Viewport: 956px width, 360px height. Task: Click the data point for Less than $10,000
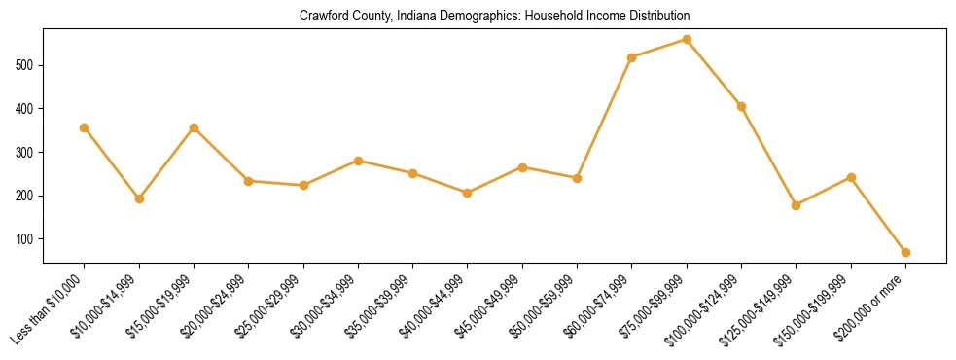(85, 127)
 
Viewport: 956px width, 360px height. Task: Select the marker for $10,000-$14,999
(139, 198)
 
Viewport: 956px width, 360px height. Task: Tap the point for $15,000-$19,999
(195, 127)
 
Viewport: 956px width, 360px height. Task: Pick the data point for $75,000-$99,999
(687, 40)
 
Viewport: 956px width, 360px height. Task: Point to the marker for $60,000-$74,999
(632, 57)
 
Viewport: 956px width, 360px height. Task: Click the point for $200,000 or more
(905, 252)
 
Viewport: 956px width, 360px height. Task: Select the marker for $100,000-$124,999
(741, 106)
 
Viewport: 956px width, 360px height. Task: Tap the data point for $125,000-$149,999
(797, 205)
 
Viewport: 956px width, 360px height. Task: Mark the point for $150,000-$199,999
(851, 177)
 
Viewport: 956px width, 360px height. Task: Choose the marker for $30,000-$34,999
(358, 161)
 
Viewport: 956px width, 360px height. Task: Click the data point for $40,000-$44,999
(468, 193)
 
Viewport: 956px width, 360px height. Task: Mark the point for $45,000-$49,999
(522, 167)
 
